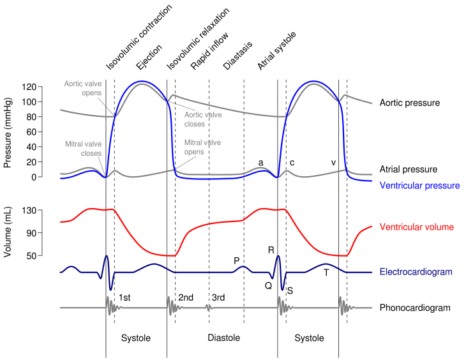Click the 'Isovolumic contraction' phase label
(x=139, y=38)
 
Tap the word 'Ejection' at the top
(x=149, y=57)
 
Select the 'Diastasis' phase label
(x=237, y=56)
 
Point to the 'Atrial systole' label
(x=276, y=50)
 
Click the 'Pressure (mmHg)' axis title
(x=8, y=132)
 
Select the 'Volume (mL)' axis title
(x=8, y=232)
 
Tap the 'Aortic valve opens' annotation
(x=83, y=88)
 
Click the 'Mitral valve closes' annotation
(x=83, y=149)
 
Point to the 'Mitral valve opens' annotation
(x=202, y=147)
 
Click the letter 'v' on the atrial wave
(x=333, y=163)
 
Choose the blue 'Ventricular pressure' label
(x=419, y=186)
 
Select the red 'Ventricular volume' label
(x=417, y=227)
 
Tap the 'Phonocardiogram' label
(x=415, y=308)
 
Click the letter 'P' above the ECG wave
(x=237, y=260)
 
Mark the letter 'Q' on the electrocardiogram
(x=268, y=286)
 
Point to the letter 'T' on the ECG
(x=326, y=273)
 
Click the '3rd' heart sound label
(x=218, y=297)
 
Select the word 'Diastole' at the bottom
(x=224, y=338)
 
